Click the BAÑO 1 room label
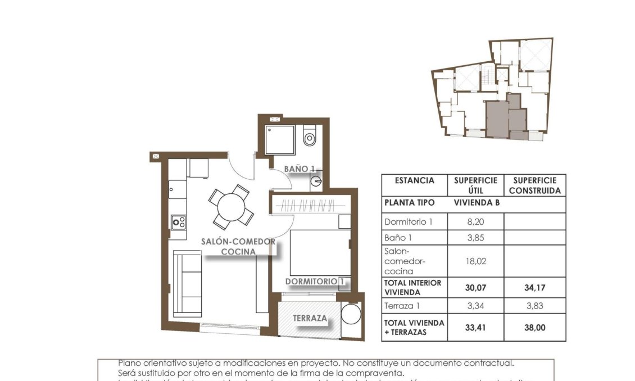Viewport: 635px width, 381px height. [x=298, y=169]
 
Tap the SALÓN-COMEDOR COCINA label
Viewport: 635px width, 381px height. [x=239, y=247]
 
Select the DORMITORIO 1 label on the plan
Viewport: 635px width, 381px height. [x=314, y=281]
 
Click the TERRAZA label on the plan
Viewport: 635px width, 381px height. [x=310, y=318]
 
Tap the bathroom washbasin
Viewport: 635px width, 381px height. [x=316, y=182]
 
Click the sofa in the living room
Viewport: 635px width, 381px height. [x=187, y=284]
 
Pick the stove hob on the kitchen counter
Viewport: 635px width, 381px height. [x=179, y=223]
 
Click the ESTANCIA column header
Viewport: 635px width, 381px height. [x=414, y=181]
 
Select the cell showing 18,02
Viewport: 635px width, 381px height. [x=475, y=261]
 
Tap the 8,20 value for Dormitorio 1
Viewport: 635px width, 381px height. [x=475, y=222]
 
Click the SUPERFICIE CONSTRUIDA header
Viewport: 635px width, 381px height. [x=534, y=185]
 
